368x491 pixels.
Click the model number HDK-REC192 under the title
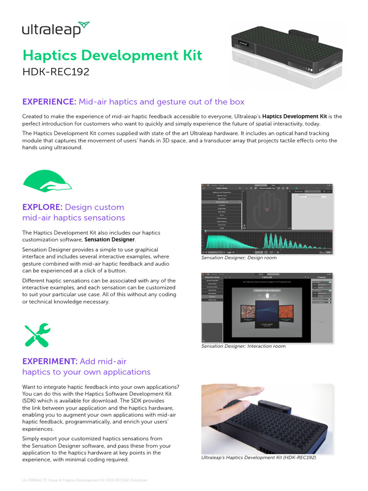pos(56,72)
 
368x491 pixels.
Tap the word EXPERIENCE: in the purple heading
pos(49,102)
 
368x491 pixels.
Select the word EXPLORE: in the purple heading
pos(42,207)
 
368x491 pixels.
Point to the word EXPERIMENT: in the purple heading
pos(50,361)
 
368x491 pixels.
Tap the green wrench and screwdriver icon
pos(37,335)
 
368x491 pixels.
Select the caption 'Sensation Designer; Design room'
pos(239,258)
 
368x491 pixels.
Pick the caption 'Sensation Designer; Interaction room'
pos(243,346)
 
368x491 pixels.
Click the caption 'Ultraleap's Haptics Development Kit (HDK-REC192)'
pos(258,457)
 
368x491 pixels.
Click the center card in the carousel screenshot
pos(267,315)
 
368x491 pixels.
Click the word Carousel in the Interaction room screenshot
pos(267,277)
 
